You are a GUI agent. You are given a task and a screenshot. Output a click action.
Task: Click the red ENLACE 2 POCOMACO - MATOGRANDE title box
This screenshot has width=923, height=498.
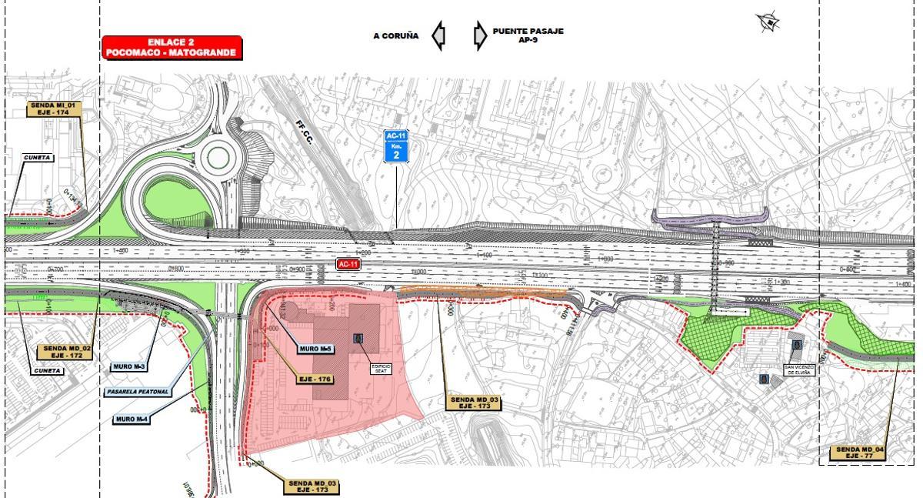172,48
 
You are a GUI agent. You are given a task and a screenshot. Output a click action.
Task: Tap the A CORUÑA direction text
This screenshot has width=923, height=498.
396,35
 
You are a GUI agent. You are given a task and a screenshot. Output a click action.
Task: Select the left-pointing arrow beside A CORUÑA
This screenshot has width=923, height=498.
438,35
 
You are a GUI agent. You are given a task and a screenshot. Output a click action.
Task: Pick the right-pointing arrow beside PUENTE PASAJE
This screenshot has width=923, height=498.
480,35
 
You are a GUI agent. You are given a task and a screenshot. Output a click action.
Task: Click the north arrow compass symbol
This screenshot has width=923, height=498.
767,22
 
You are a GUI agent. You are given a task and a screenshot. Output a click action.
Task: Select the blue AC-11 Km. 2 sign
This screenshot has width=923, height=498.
396,145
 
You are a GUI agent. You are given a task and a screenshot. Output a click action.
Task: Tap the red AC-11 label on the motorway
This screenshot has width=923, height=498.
348,264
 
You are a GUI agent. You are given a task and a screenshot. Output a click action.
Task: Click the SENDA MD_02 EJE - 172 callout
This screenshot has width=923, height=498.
66,353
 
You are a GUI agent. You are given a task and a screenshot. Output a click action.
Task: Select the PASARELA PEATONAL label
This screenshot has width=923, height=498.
138,392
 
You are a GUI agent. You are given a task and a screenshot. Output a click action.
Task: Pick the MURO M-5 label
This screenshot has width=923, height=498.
315,349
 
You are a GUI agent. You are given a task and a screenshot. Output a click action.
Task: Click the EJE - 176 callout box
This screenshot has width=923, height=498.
314,379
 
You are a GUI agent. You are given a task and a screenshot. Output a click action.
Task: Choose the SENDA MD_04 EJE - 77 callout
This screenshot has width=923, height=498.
860,453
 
